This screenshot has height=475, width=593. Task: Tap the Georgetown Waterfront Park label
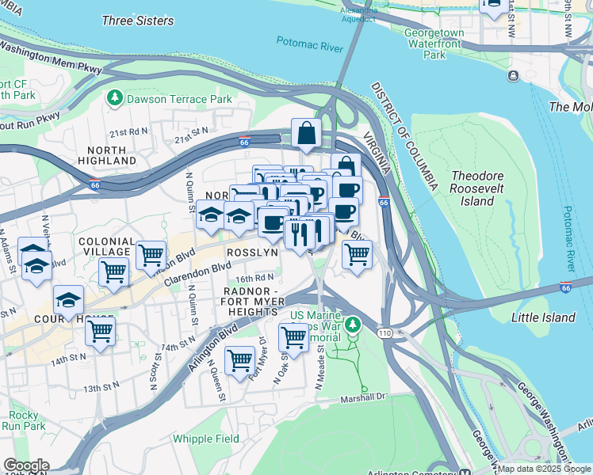(x=434, y=44)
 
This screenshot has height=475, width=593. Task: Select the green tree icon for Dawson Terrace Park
(x=116, y=98)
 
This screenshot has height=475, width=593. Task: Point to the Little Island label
(x=543, y=317)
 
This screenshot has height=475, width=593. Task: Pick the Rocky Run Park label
(x=23, y=420)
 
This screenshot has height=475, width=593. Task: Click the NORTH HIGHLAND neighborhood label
(x=106, y=155)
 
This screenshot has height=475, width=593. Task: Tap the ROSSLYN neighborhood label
(x=252, y=253)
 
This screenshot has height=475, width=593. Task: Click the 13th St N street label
(x=103, y=388)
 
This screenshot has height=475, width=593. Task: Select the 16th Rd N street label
(x=254, y=278)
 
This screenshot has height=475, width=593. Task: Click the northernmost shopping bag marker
(x=305, y=135)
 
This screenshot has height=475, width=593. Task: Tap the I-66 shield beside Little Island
(x=565, y=288)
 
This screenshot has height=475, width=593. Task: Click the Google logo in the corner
(x=25, y=466)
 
